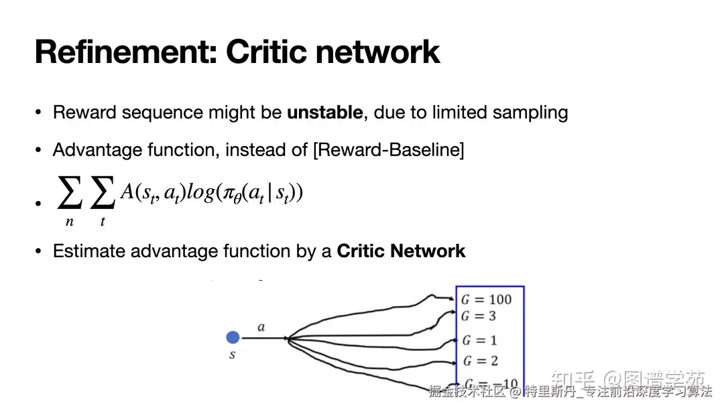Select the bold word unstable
click(325, 113)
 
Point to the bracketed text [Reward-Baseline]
click(388, 149)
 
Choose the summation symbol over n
click(70, 195)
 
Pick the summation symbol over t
click(103, 195)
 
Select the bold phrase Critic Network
click(401, 251)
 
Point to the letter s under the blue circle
click(233, 355)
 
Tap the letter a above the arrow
click(261, 328)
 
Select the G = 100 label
click(486, 299)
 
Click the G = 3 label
click(478, 316)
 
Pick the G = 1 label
click(479, 340)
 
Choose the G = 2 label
click(480, 361)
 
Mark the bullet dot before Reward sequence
click(39, 113)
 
